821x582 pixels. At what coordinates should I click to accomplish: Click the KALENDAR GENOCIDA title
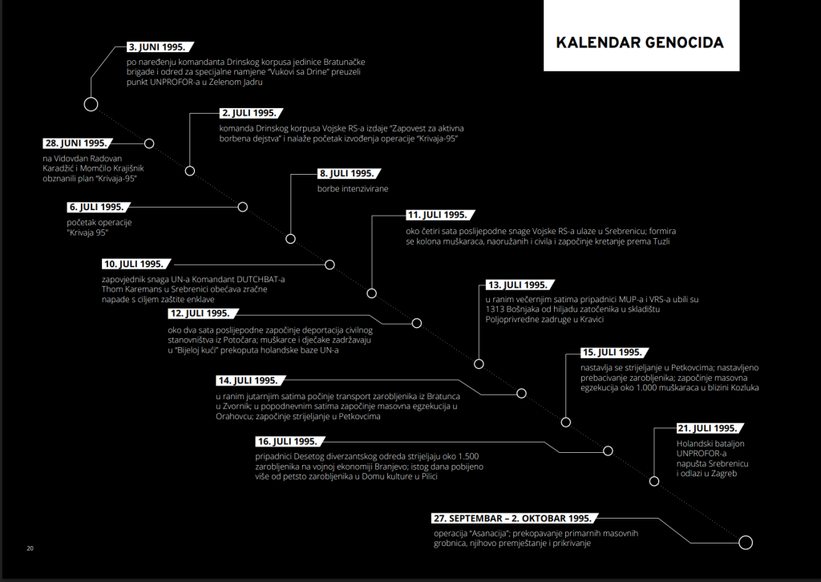(639, 42)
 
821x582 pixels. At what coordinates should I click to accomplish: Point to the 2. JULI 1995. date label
(251, 113)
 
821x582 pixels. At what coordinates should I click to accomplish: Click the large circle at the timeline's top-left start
(91, 104)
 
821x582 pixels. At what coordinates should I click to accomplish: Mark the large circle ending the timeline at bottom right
(746, 542)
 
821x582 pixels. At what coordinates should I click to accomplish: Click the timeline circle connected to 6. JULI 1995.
(242, 207)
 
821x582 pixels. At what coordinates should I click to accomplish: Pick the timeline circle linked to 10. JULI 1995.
(330, 265)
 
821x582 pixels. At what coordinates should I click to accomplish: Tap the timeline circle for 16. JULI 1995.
(608, 451)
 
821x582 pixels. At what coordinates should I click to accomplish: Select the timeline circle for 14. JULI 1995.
(521, 393)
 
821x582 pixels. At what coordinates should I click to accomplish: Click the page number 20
(30, 548)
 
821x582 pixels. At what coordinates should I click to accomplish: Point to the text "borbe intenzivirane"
(353, 189)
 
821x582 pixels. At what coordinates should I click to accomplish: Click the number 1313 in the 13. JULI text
(494, 309)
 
